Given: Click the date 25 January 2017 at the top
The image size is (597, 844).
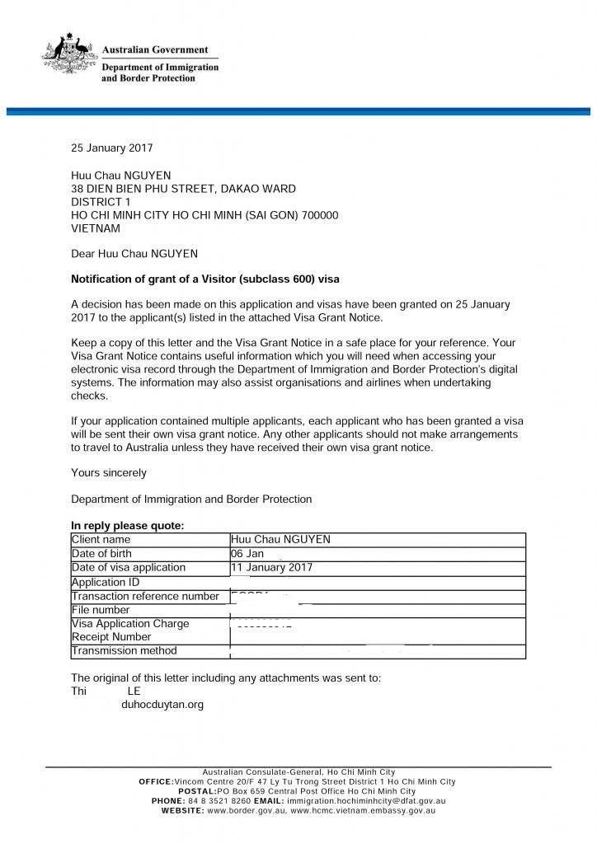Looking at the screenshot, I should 111,148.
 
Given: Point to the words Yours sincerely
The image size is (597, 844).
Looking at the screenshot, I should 109,473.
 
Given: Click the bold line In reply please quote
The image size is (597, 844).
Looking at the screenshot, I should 128,526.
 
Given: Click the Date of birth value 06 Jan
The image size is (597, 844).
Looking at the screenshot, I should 247,554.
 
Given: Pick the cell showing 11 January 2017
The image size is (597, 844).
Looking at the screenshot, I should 272,568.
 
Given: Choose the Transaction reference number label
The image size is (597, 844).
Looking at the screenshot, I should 145,596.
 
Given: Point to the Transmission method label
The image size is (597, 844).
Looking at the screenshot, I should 124,651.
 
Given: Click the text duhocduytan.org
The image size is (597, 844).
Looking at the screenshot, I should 162,705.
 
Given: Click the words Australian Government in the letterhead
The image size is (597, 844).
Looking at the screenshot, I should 154,49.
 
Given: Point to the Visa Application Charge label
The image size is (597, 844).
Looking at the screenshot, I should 130,624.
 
